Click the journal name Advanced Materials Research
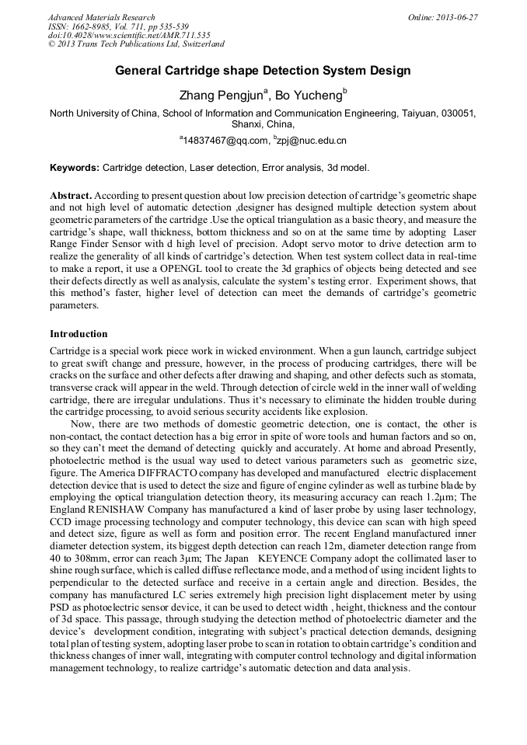(101, 17)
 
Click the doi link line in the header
(129, 36)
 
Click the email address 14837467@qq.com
(225, 141)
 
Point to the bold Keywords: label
(75, 168)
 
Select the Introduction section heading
(79, 334)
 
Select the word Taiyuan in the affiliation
(420, 113)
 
